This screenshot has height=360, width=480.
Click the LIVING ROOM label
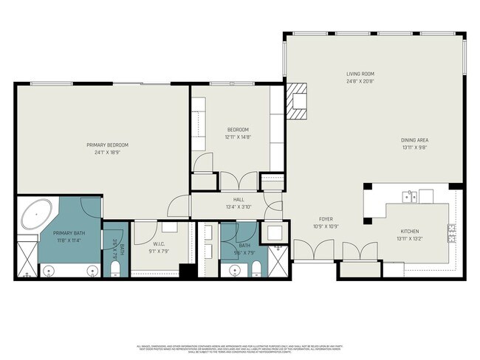coord(362,74)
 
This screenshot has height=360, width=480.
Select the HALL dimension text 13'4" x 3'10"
coord(239,207)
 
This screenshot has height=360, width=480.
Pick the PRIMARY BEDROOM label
coord(107,145)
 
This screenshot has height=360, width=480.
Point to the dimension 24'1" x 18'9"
coord(107,153)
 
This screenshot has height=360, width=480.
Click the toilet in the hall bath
coord(256,267)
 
